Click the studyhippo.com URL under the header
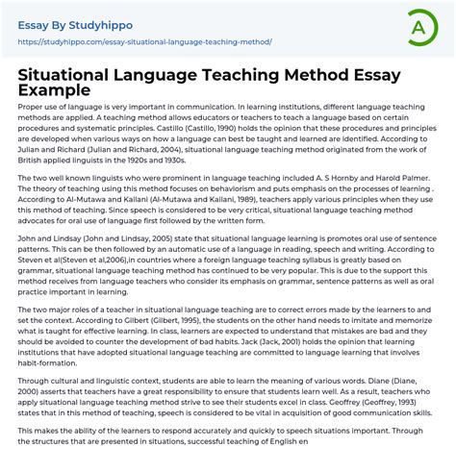[144, 42]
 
